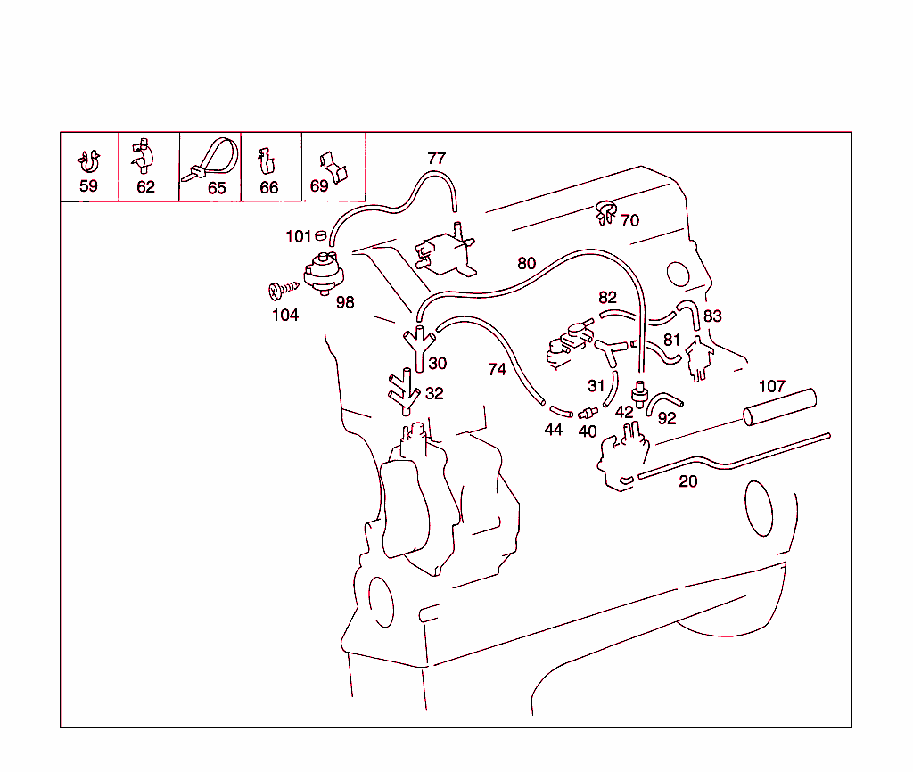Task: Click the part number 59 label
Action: click(x=88, y=186)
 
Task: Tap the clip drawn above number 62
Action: click(x=142, y=157)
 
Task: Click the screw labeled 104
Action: click(x=281, y=290)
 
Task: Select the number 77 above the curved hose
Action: click(x=436, y=159)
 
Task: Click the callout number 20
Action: click(x=687, y=482)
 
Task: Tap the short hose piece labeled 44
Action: click(x=560, y=411)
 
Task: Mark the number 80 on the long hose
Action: click(x=527, y=263)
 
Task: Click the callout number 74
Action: click(x=497, y=368)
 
